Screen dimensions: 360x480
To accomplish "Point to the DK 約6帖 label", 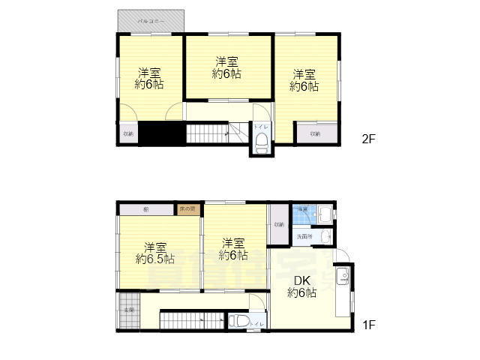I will pyautogui.click(x=301, y=287).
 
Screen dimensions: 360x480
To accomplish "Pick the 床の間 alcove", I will pyautogui.click(x=187, y=208).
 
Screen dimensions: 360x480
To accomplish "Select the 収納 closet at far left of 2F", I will pyautogui.click(x=127, y=133).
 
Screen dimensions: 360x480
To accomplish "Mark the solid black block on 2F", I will pyautogui.click(x=163, y=133).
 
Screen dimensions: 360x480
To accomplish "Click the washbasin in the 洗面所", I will pyautogui.click(x=323, y=237).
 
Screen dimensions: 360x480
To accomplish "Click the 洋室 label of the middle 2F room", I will pyautogui.click(x=226, y=61).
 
